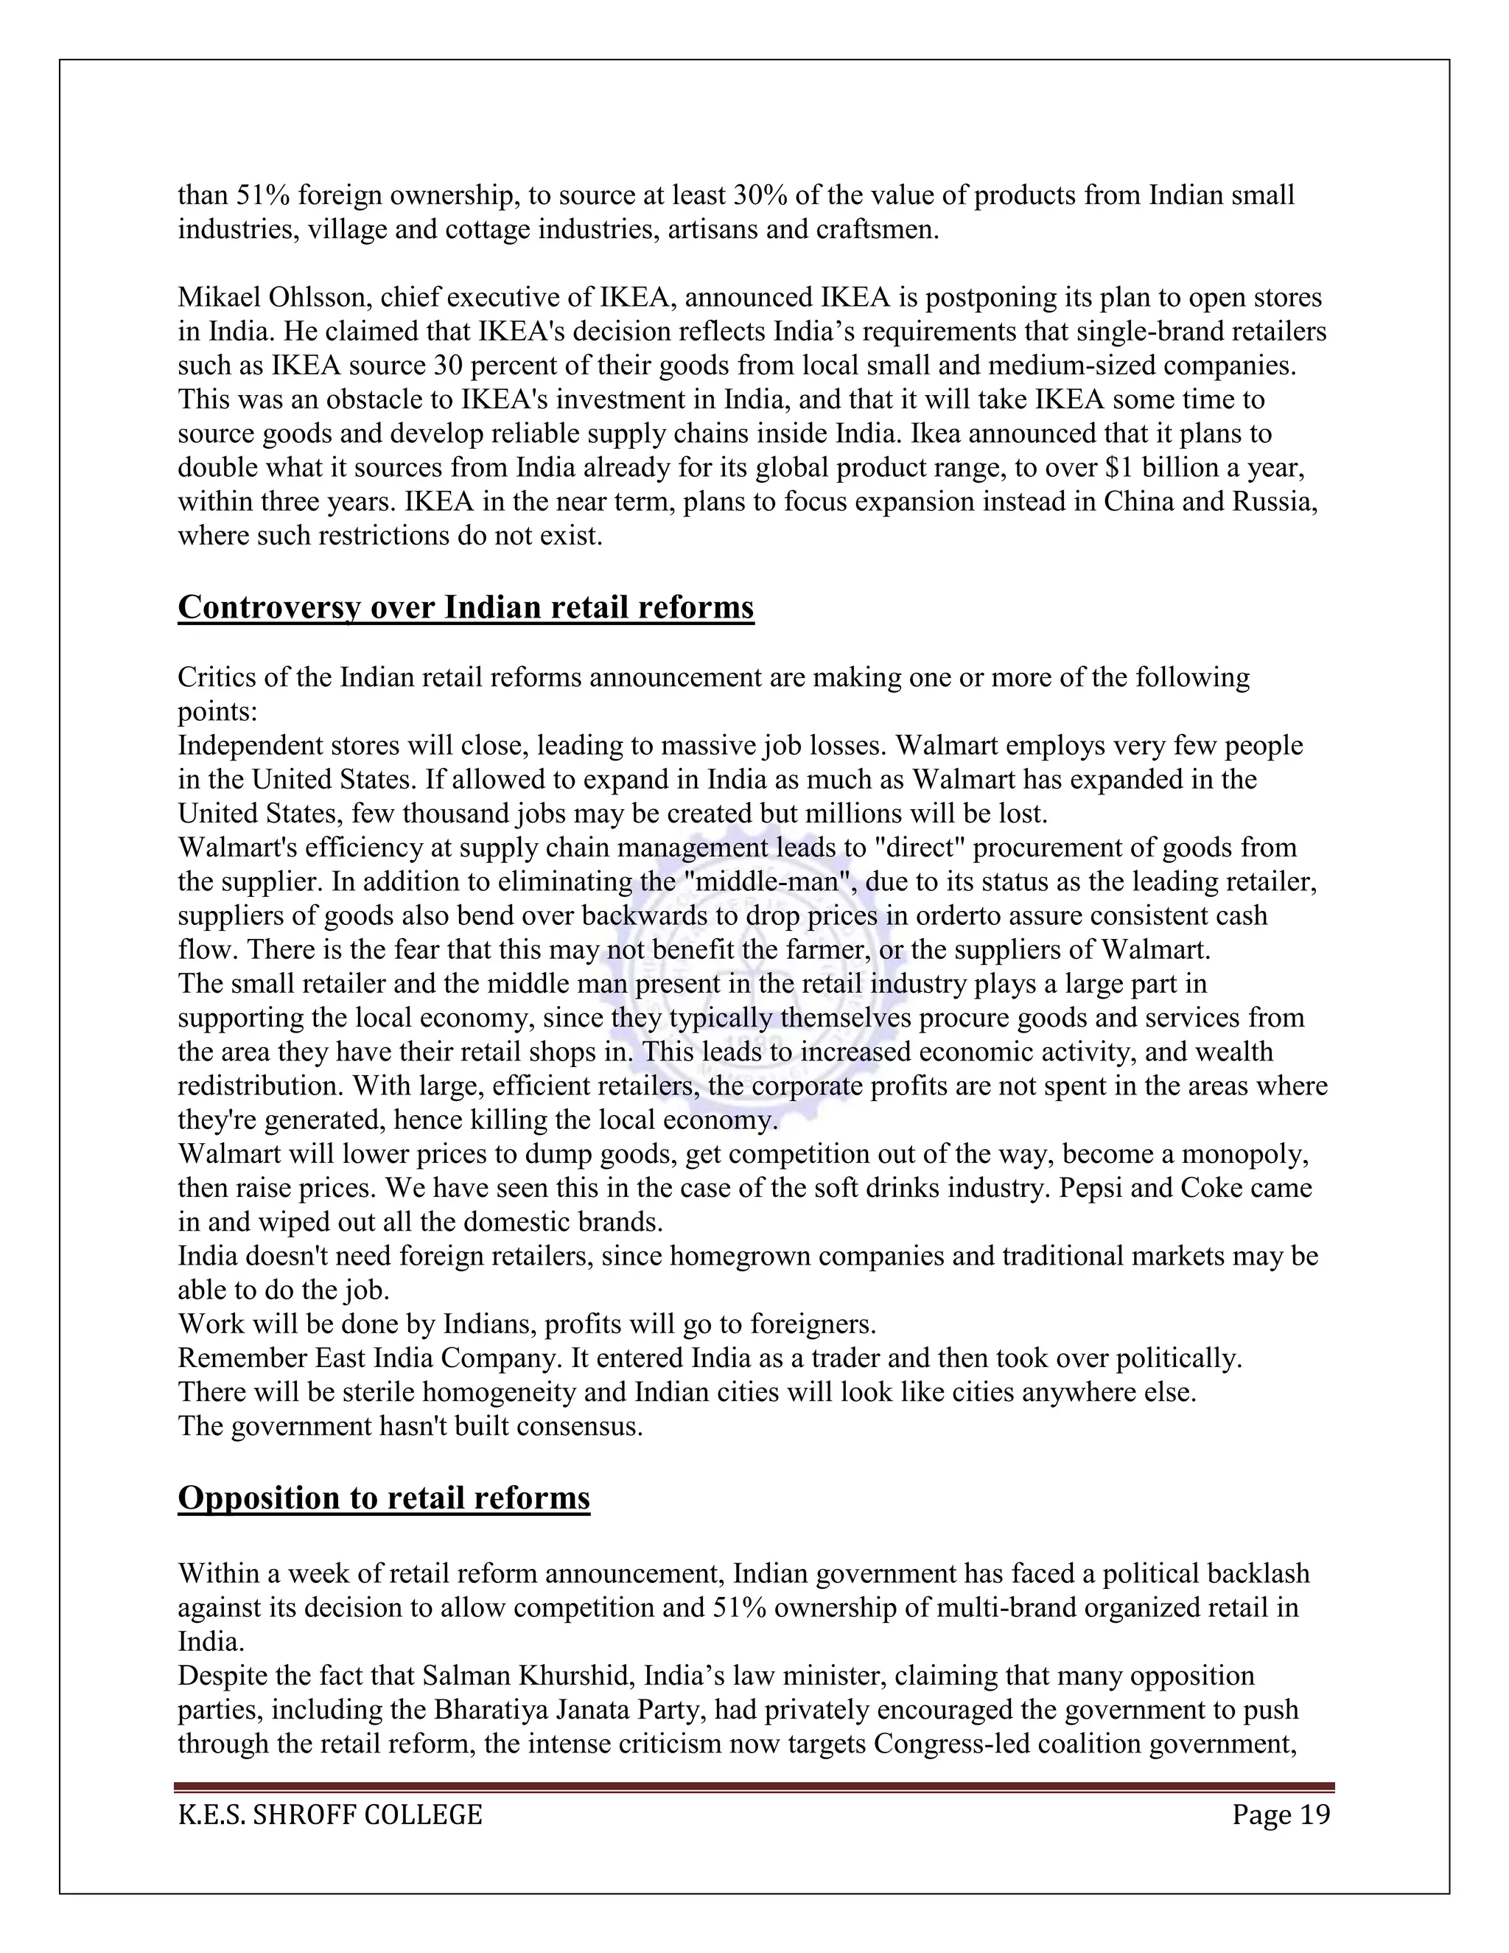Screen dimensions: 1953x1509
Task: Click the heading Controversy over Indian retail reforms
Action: (x=466, y=607)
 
